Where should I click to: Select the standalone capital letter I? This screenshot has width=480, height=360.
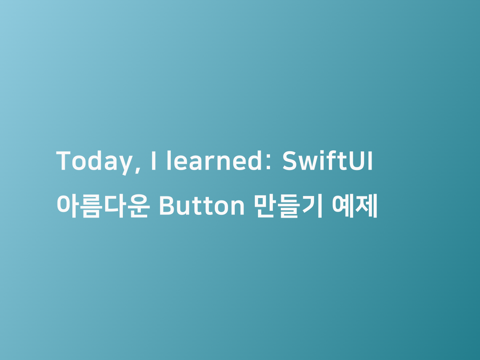pos(154,160)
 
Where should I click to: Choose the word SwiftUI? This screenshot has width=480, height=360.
pos(327,160)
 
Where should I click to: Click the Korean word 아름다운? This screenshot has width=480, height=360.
pos(103,206)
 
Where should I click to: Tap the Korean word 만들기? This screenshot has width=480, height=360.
pos(288,206)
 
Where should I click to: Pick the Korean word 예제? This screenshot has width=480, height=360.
pos(355,206)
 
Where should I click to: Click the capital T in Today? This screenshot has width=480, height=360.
pos(64,160)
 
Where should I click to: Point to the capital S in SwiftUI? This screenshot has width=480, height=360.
pos(290,160)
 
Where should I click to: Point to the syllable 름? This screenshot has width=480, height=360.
pos(92,206)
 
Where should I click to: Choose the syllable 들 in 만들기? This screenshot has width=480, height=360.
pos(289,206)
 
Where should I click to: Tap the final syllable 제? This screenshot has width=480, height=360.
pos(366,206)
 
